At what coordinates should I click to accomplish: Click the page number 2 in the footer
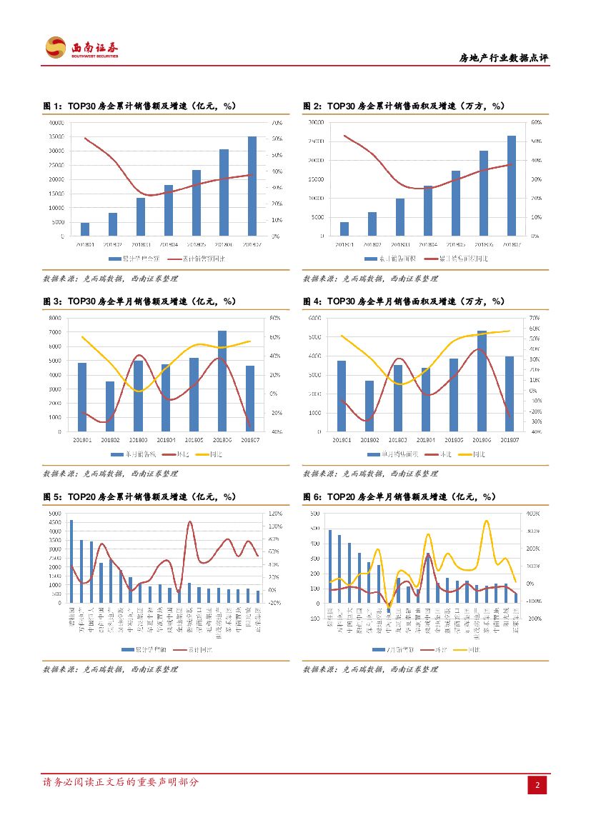coord(537,785)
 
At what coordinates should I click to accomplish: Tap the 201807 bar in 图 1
coord(252,186)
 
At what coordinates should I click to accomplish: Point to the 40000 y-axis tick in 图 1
coord(56,122)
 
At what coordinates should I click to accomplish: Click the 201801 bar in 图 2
coord(344,229)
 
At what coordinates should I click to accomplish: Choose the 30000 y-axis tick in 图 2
coord(316,122)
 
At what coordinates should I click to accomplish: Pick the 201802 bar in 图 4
coord(369,406)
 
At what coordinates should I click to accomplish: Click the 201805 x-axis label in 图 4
coord(454,439)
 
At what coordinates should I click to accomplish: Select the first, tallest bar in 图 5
coord(71,561)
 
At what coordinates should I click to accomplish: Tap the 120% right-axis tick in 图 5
coord(275,514)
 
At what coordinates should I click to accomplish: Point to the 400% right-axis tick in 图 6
coord(533,514)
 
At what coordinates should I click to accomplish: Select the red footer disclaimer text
coord(121,782)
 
